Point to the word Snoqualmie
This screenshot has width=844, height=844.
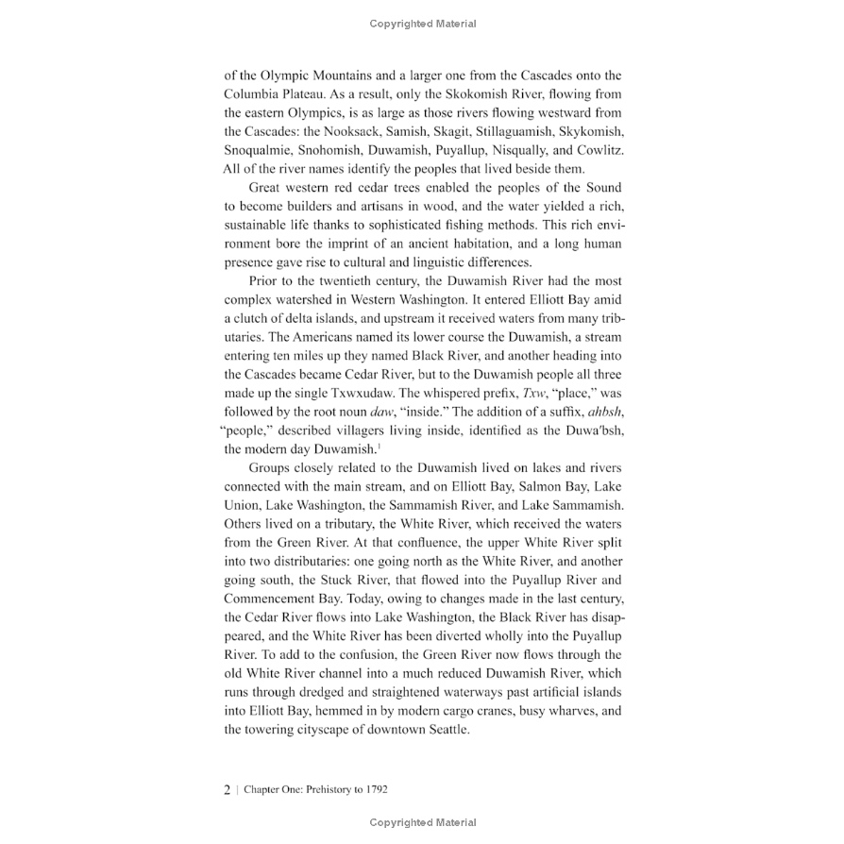[261, 150]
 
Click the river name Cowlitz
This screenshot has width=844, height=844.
[598, 150]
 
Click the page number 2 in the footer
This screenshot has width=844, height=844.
[228, 790]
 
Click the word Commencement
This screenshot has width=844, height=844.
[269, 599]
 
